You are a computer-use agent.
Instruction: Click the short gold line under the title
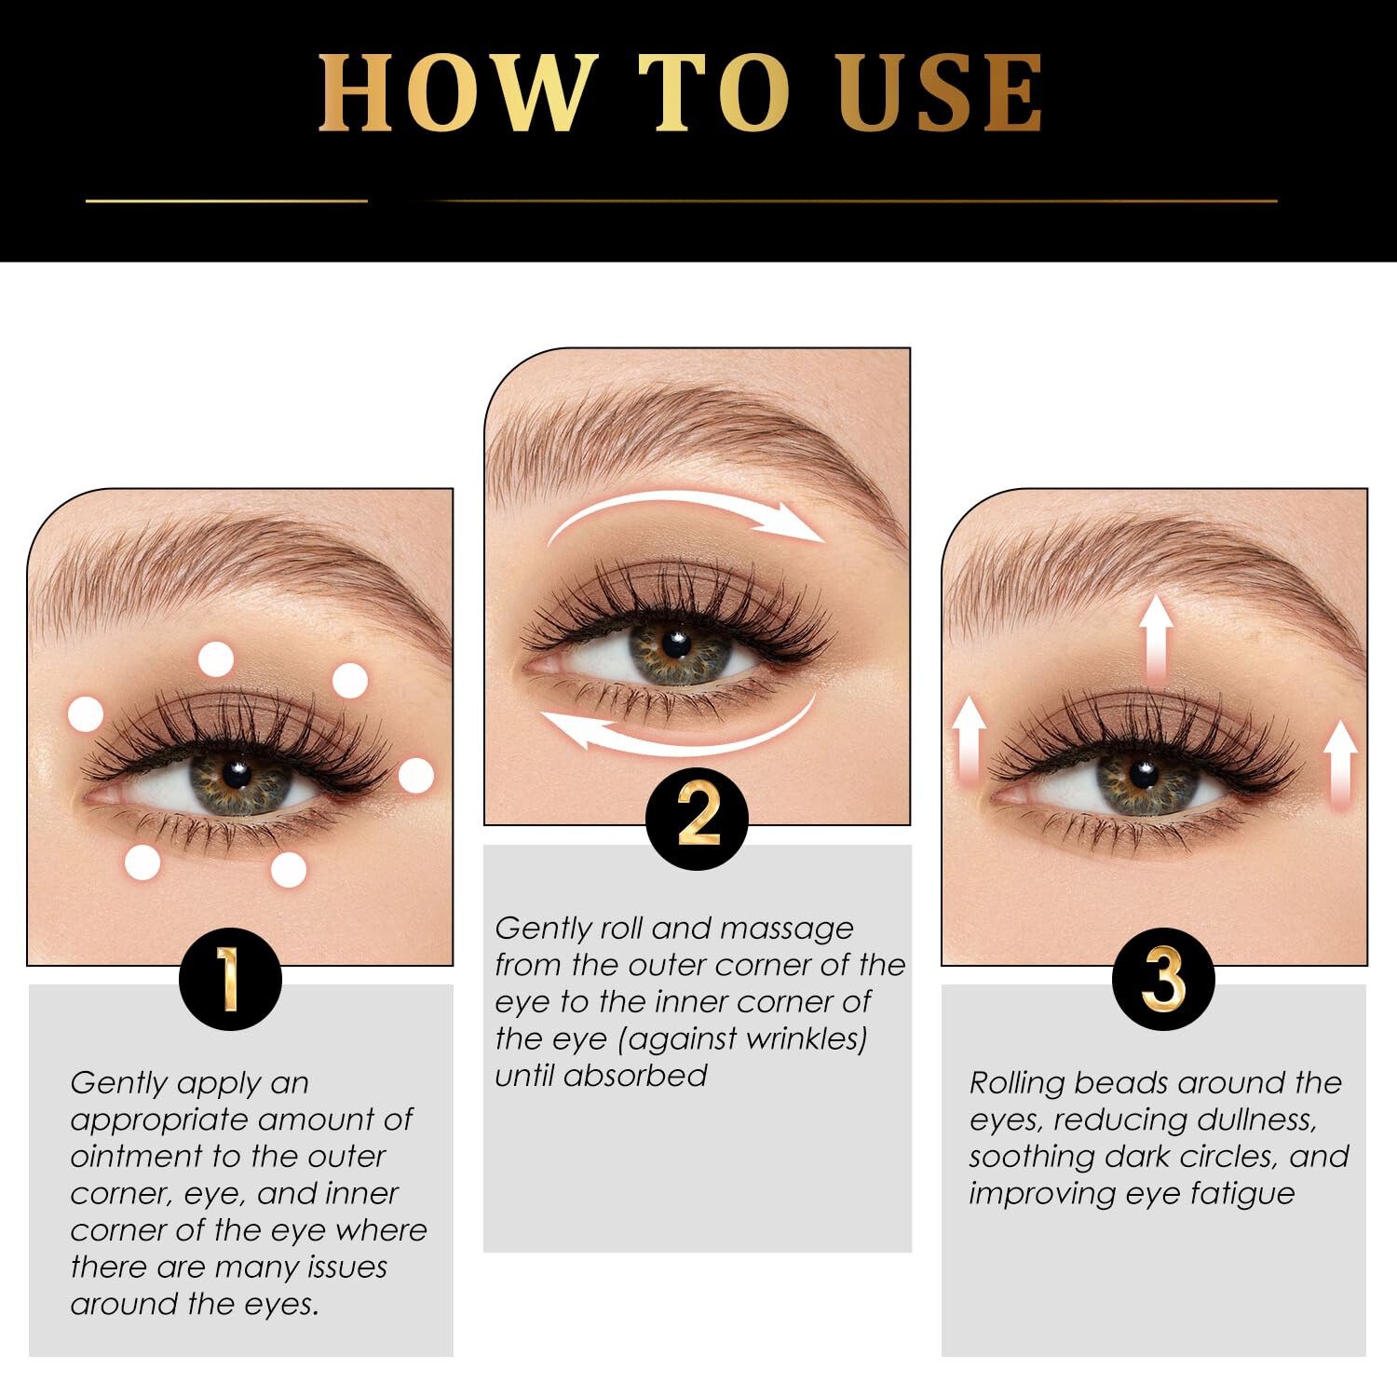tap(226, 200)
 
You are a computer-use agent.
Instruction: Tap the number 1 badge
tap(229, 979)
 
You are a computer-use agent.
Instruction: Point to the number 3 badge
tap(1163, 979)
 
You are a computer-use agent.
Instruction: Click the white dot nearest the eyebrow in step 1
tap(216, 659)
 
